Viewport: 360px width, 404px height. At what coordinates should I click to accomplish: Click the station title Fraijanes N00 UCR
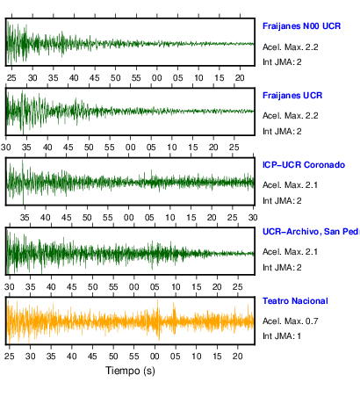coord(301,26)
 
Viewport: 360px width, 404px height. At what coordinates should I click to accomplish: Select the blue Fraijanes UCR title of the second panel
coord(292,96)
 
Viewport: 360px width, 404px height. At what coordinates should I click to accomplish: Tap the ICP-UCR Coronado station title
coord(304,165)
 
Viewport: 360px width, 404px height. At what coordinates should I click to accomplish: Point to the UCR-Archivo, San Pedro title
coord(311,232)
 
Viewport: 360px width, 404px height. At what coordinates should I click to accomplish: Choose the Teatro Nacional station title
coord(295,301)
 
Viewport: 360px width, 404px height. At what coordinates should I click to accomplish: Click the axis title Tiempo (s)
coord(130,371)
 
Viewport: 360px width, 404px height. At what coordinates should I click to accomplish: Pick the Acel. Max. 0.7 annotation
coord(290,321)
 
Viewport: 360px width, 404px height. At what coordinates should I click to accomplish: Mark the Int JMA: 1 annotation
coord(282,335)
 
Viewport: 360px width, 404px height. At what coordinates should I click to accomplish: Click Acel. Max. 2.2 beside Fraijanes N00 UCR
coord(290,47)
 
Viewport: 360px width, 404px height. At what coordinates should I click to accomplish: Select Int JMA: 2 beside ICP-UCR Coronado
coord(282,201)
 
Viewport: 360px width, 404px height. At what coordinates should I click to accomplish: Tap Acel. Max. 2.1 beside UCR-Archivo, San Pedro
coord(290,252)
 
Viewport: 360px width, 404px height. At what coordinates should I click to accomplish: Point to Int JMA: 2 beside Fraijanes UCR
coord(282,132)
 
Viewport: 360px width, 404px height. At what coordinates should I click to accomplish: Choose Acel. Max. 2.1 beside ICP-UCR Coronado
coord(290,185)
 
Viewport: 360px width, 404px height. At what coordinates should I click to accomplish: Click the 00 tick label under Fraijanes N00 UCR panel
coord(157,78)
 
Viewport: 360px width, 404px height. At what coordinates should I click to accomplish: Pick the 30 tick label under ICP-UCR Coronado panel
coord(253,218)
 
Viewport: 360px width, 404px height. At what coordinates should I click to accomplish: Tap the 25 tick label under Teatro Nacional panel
coord(10,356)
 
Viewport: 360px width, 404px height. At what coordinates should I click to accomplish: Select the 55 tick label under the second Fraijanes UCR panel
coord(110,148)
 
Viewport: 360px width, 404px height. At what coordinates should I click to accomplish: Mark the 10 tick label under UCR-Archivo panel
coord(176,287)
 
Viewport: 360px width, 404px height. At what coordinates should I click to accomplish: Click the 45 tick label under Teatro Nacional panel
coord(92,356)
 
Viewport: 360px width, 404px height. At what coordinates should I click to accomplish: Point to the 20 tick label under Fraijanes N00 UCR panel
coord(240,78)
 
